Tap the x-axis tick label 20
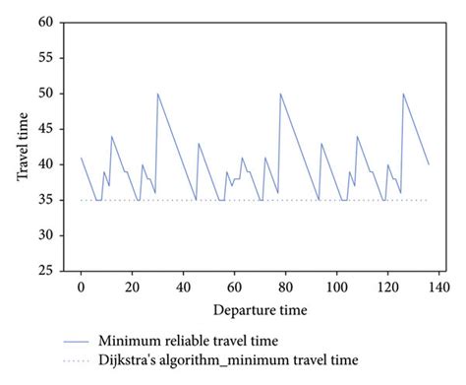tap(133, 287)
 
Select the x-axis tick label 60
tap(235, 287)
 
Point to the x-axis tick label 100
tap(337, 287)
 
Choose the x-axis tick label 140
tap(439, 287)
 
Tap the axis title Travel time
tap(22, 148)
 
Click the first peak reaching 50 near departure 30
tap(157, 94)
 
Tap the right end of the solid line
tap(430, 164)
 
